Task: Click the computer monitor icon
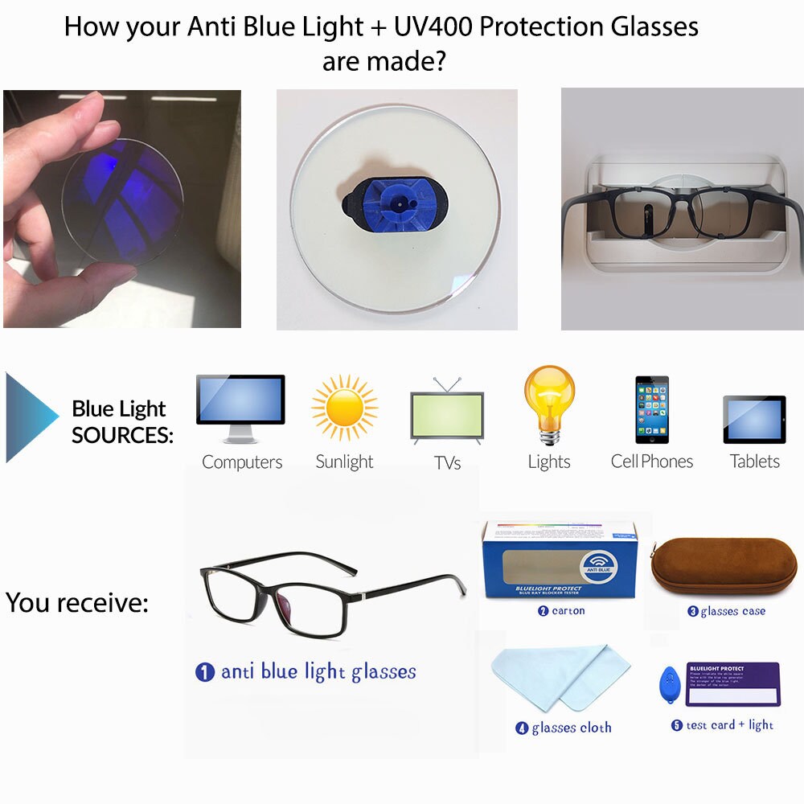(240, 407)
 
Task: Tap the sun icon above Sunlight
(345, 407)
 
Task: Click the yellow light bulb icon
(549, 402)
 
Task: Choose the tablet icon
(754, 419)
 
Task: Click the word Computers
(242, 462)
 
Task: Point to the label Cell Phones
(652, 461)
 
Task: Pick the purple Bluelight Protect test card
(732, 683)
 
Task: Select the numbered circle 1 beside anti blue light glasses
(205, 672)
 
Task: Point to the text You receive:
(77, 602)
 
